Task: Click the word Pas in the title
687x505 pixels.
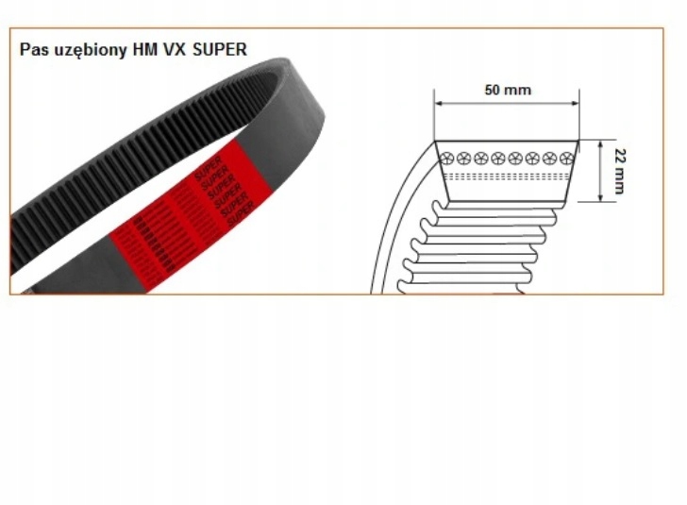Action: tap(34, 49)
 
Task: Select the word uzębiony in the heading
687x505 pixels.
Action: tap(86, 50)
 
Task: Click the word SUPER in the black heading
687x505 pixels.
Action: tap(219, 49)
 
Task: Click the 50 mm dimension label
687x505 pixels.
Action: tap(508, 91)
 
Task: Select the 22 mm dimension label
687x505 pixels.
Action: tap(618, 171)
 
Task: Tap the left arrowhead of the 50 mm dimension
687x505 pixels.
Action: tap(439, 103)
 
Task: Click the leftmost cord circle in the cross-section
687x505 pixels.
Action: tap(446, 157)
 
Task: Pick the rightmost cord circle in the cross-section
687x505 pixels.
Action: tap(566, 157)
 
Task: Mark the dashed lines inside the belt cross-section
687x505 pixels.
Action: tap(505, 177)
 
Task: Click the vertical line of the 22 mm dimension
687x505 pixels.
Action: tap(601, 171)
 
